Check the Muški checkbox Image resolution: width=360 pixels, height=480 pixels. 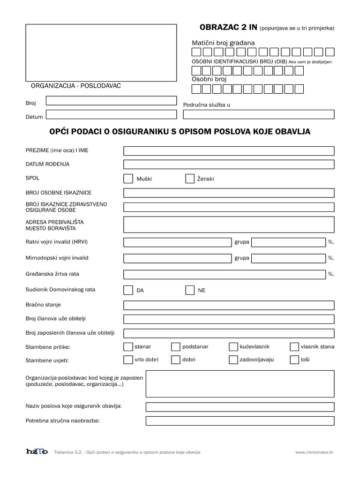[x=128, y=179]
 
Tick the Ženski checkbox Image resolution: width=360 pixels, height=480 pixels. [x=190, y=179]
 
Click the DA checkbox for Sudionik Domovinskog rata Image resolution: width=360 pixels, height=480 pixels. [x=128, y=290]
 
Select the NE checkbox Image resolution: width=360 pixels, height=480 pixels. [x=190, y=290]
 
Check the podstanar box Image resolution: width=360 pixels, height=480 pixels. [x=176, y=347]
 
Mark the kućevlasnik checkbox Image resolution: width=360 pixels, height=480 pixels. [x=233, y=347]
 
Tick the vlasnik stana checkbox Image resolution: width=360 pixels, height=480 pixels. [x=294, y=347]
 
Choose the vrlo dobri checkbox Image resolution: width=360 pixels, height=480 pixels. [x=128, y=360]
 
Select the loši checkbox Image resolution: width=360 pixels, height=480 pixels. [x=294, y=360]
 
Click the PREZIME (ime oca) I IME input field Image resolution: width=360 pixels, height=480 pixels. [x=229, y=151]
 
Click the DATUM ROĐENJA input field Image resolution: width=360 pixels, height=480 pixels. [x=229, y=165]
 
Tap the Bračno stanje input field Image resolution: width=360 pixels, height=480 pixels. [x=229, y=306]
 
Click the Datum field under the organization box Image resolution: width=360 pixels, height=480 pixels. [x=111, y=114]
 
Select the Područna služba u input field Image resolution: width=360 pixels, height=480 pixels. [x=259, y=114]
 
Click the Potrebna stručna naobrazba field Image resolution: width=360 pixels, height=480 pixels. [x=240, y=421]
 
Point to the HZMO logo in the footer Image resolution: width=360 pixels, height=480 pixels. [x=37, y=452]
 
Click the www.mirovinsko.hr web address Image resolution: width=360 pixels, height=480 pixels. [x=314, y=452]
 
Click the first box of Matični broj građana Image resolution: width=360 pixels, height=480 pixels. [x=197, y=52]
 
